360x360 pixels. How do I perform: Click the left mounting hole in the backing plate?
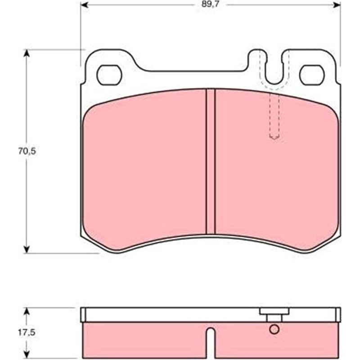109,75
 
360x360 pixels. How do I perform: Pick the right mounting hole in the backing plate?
312,75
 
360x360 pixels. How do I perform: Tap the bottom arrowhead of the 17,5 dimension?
27,352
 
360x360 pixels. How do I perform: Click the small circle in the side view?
274,329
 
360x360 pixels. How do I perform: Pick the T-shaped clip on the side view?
274,315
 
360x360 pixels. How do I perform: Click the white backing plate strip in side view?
171,315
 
